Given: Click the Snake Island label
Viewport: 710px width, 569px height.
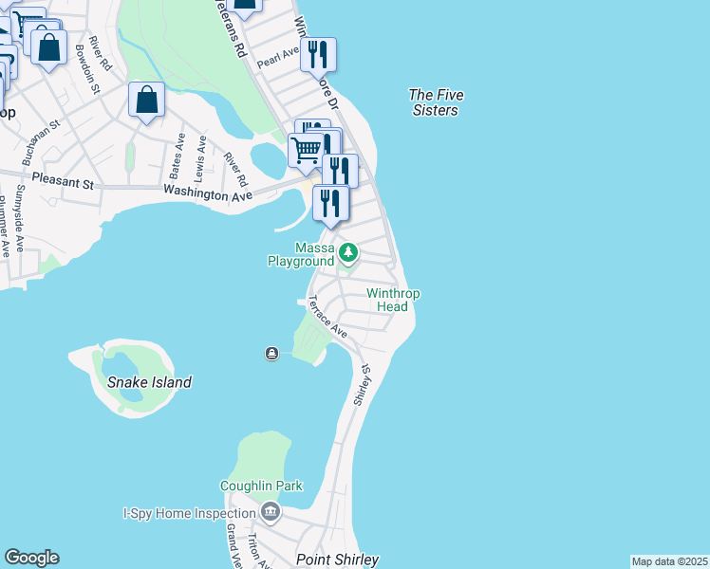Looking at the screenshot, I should coord(149,382).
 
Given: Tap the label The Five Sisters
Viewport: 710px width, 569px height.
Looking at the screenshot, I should coord(433,102).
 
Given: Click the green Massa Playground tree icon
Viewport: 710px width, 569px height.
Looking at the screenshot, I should coord(348,252).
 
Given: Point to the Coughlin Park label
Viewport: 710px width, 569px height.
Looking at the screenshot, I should coord(261,486).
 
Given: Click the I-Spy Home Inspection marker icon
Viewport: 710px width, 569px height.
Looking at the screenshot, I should coord(271,513).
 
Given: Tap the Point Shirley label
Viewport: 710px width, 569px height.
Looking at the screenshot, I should coord(338,560).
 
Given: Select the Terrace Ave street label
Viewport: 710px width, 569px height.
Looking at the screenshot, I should coord(327,318).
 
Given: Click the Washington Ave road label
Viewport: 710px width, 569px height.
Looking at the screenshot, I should coord(207,193).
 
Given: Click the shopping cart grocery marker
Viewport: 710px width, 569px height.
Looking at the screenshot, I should coord(306,148).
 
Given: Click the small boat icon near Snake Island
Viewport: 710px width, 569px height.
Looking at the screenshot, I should coord(272,354).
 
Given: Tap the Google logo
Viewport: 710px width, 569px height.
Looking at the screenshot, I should coord(31,558).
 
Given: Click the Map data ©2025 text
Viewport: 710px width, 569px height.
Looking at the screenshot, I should coord(669,561).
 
